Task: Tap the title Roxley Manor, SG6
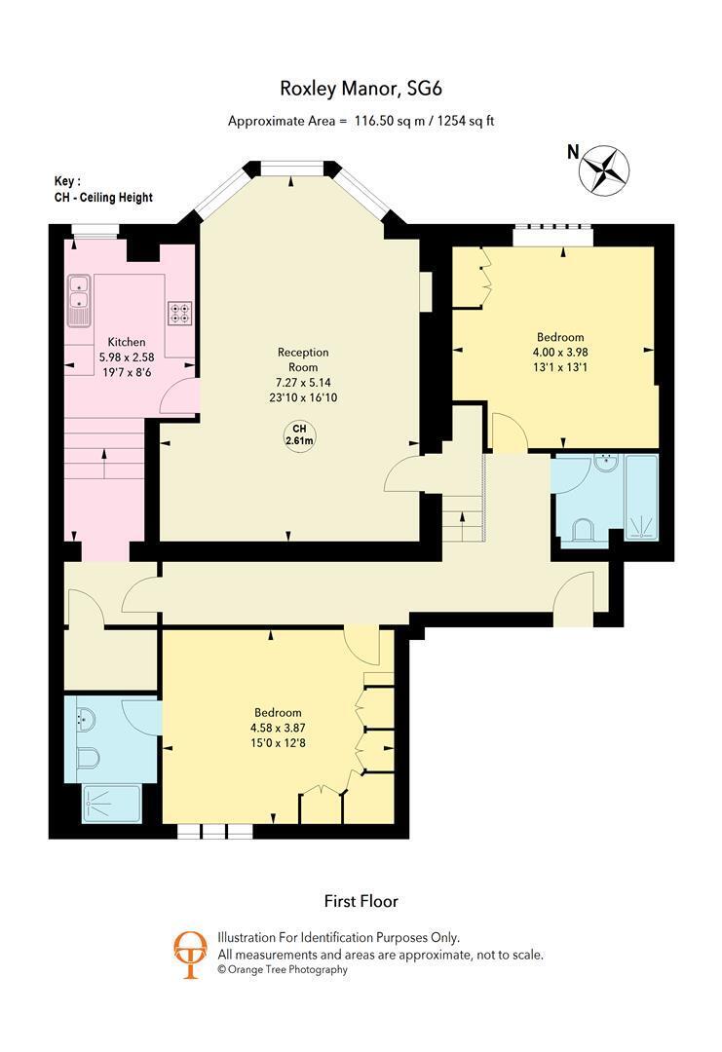tap(361, 89)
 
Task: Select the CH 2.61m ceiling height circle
tap(299, 434)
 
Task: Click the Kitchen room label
tap(127, 342)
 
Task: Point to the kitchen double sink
tap(79, 300)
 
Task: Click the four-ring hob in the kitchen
tap(179, 313)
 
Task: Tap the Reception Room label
tap(303, 359)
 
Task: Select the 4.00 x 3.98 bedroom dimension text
tap(560, 353)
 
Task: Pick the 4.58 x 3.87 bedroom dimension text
tap(278, 728)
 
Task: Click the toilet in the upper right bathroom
tap(582, 530)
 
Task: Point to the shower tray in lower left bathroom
tap(111, 804)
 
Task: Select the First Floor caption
tap(361, 901)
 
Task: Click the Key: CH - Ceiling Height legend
tap(103, 190)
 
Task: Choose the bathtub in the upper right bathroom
tap(641, 497)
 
